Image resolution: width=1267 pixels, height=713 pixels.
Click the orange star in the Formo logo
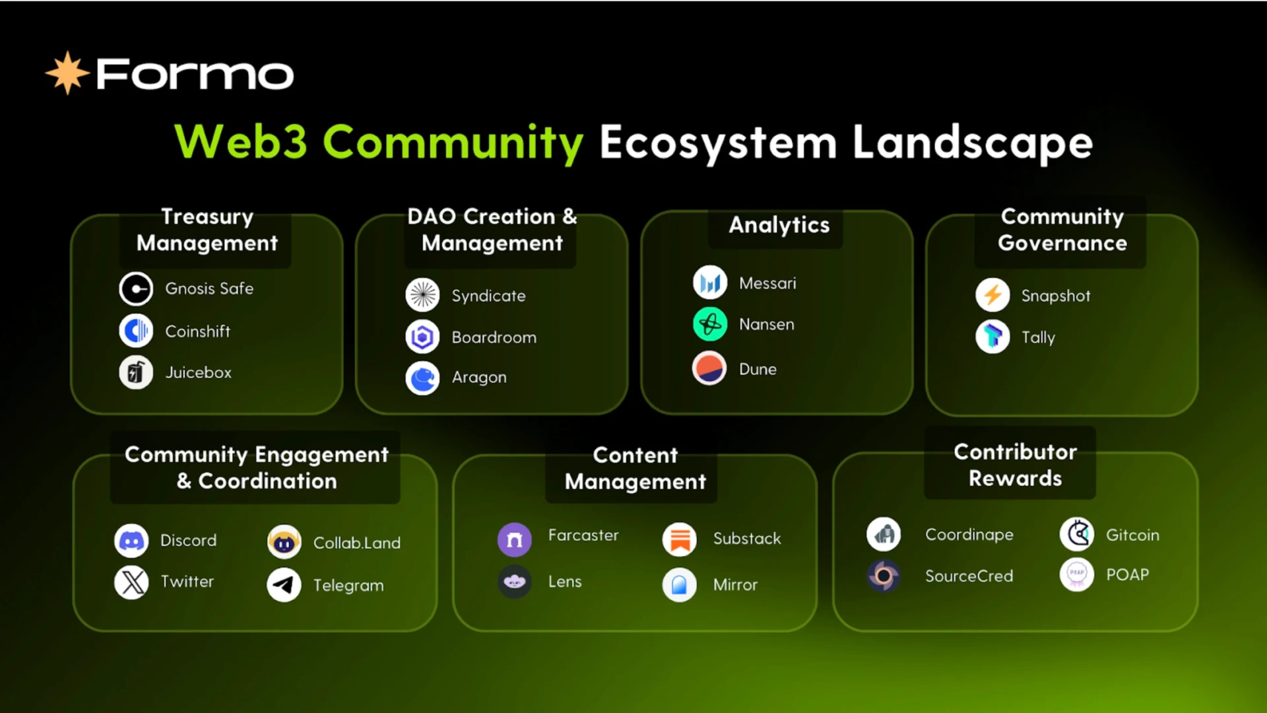click(67, 73)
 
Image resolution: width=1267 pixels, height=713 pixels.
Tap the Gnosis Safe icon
click(136, 289)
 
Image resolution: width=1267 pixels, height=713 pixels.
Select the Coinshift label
click(197, 331)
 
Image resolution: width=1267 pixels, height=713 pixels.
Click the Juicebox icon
click(136, 372)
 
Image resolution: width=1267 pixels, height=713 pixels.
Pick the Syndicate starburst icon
click(422, 295)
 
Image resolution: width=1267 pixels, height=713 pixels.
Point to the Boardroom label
click(494, 337)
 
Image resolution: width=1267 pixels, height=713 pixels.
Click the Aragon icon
click(422, 378)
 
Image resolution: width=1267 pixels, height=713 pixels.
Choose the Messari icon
click(710, 283)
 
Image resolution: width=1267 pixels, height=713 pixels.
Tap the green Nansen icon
click(710, 324)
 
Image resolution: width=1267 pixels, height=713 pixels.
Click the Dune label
click(758, 369)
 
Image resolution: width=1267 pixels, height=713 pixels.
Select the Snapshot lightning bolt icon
click(992, 295)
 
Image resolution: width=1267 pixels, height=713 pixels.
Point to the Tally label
click(1038, 337)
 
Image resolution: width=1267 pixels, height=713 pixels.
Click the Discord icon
click(131, 541)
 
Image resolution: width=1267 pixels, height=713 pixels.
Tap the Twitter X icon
click(131, 582)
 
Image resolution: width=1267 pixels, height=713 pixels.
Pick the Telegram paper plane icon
click(284, 585)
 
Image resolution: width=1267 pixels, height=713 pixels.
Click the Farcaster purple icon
click(514, 539)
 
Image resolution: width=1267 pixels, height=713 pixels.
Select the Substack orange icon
click(679, 539)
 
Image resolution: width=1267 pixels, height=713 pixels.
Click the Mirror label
click(735, 585)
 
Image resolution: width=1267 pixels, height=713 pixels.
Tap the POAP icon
click(1076, 574)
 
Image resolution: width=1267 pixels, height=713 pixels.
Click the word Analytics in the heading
click(779, 225)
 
